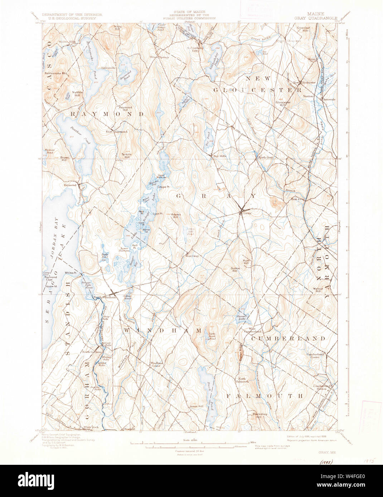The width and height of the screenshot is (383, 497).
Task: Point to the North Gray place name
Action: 266,157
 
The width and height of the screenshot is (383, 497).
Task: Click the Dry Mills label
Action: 220,156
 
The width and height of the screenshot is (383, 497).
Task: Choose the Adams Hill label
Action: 176,216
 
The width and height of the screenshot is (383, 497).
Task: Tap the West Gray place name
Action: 192,256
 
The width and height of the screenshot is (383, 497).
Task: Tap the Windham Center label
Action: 156,364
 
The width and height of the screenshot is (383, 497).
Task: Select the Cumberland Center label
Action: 315,355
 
